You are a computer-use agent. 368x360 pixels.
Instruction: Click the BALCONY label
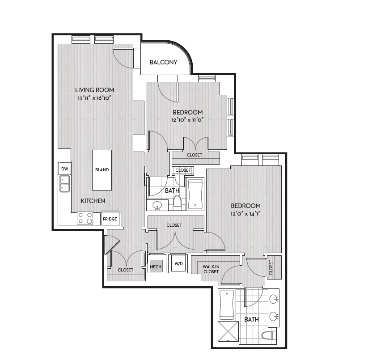[163, 62]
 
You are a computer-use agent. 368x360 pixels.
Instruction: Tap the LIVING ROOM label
[95, 90]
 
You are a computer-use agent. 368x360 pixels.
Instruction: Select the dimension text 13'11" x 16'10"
[94, 98]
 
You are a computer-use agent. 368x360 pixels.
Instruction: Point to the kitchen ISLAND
[102, 170]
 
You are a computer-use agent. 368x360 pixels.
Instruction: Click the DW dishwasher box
[64, 169]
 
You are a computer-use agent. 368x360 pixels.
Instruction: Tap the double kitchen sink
[64, 184]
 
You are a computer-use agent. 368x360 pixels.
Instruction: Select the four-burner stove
[85, 218]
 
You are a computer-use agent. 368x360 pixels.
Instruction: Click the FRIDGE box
[110, 218]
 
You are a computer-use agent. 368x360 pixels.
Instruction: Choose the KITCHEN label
[93, 201]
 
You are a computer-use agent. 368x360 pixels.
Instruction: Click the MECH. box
[156, 267]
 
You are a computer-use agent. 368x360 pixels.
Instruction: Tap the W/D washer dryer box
[178, 263]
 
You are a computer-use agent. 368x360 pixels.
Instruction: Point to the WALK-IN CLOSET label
[211, 269]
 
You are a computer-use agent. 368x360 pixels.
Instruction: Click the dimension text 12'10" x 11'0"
[187, 120]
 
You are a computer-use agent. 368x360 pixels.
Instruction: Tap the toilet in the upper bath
[177, 203]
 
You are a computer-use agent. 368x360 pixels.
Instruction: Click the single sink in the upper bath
[157, 206]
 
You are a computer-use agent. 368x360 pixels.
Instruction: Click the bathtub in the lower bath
[227, 305]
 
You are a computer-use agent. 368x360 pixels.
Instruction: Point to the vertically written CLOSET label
[271, 267]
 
